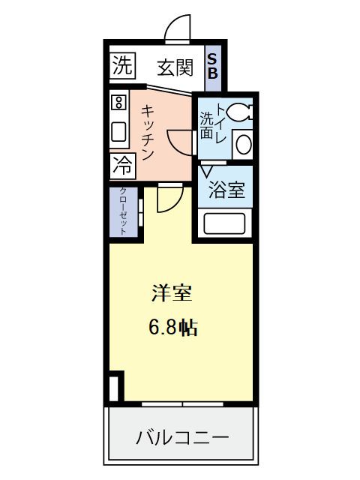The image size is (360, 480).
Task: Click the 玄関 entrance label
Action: click(175, 67)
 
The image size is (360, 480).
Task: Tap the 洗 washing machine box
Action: click(120, 65)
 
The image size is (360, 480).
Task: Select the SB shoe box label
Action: click(212, 67)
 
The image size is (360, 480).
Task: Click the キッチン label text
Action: click(148, 132)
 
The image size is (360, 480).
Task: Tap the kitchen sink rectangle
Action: click(119, 132)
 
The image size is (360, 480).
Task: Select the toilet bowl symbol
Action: click(240, 112)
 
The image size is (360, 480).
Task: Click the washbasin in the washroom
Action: click(242, 144)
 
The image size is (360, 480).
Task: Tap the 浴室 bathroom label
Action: click(226, 190)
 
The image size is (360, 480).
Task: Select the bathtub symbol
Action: click(226, 224)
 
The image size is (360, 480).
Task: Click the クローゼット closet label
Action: click(123, 211)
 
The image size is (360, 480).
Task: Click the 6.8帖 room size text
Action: click(172, 327)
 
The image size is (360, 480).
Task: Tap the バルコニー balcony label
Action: click(182, 436)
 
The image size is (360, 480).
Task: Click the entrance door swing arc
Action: click(175, 28)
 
